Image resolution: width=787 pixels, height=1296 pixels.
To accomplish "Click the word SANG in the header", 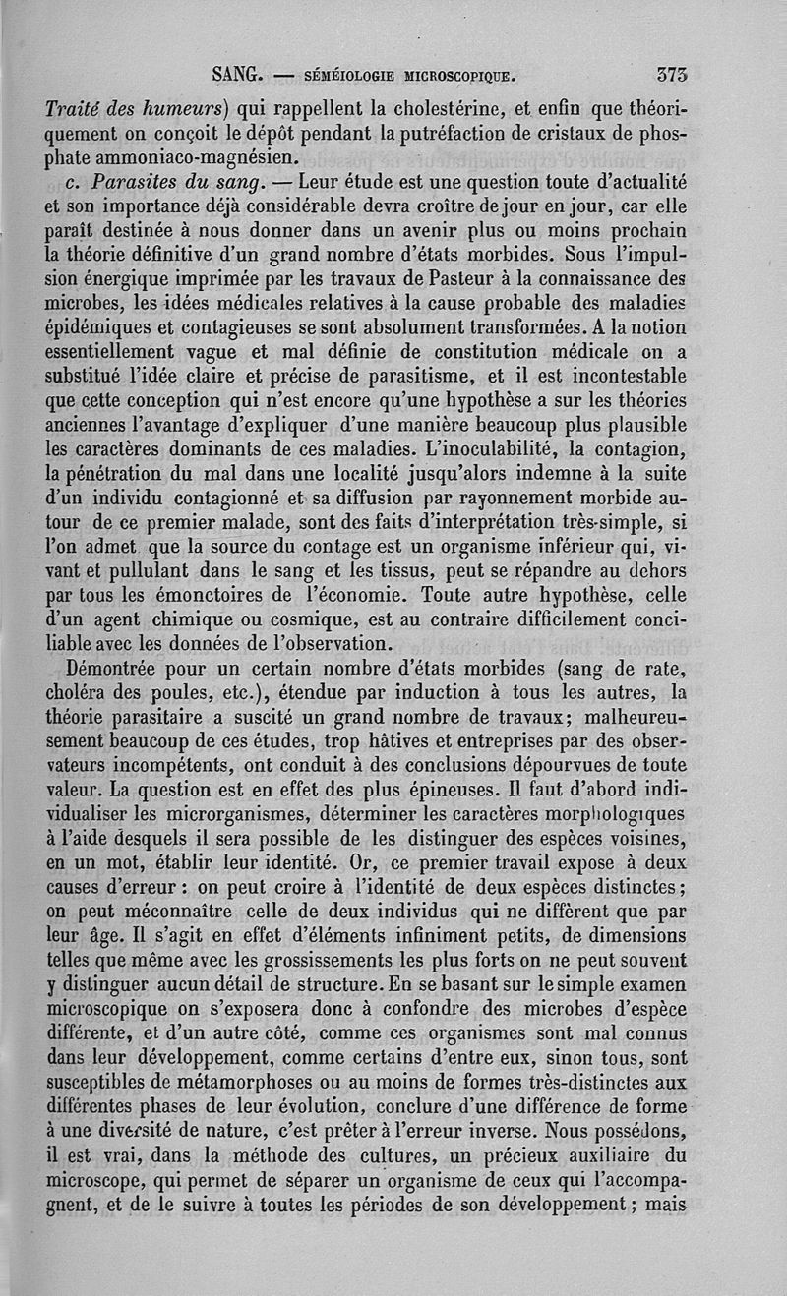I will point(236,72).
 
